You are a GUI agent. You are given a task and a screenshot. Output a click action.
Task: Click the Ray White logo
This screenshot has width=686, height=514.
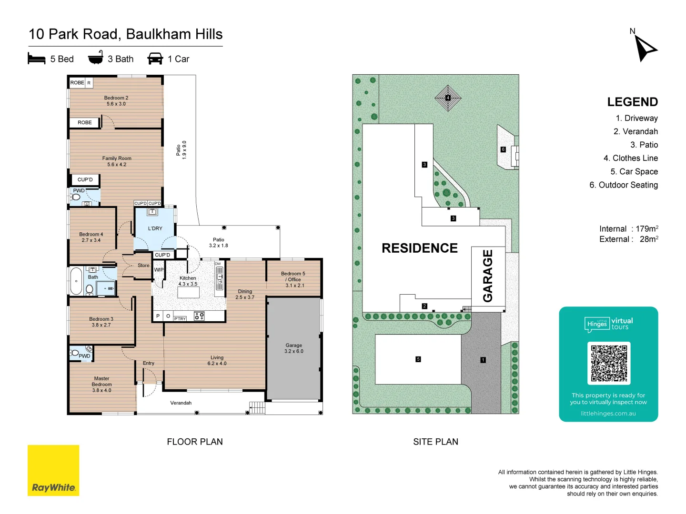53,470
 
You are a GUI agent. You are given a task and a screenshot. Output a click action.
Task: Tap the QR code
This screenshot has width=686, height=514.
609,363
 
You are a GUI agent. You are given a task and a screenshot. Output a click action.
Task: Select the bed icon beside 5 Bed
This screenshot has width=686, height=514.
37,59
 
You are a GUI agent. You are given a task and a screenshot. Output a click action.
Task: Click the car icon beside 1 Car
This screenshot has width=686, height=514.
155,59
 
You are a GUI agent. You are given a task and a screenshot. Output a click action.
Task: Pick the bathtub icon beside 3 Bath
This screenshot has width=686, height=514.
96,58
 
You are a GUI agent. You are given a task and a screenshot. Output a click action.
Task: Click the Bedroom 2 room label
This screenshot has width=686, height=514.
116,100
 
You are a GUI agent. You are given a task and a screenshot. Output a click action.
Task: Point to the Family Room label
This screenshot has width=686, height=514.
117,161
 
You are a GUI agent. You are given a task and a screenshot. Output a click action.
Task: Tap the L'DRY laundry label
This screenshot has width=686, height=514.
155,228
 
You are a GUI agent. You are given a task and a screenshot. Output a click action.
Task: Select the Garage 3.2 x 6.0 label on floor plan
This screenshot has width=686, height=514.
293,348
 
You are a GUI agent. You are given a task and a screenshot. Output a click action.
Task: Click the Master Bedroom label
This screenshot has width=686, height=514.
101,385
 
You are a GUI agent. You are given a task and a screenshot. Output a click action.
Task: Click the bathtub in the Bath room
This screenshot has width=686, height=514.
76,281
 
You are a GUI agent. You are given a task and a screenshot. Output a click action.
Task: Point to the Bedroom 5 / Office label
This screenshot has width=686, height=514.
293,279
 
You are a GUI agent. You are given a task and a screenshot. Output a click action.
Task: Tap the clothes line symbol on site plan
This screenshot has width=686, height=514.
448,98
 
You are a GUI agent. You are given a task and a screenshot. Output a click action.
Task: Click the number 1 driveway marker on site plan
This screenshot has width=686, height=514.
483,360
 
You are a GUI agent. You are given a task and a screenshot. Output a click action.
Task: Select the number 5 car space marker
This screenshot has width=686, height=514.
418,359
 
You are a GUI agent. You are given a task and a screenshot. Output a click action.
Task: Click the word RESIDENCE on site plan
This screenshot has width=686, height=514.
420,248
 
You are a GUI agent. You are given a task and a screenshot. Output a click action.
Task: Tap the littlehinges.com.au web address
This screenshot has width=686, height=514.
608,414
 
